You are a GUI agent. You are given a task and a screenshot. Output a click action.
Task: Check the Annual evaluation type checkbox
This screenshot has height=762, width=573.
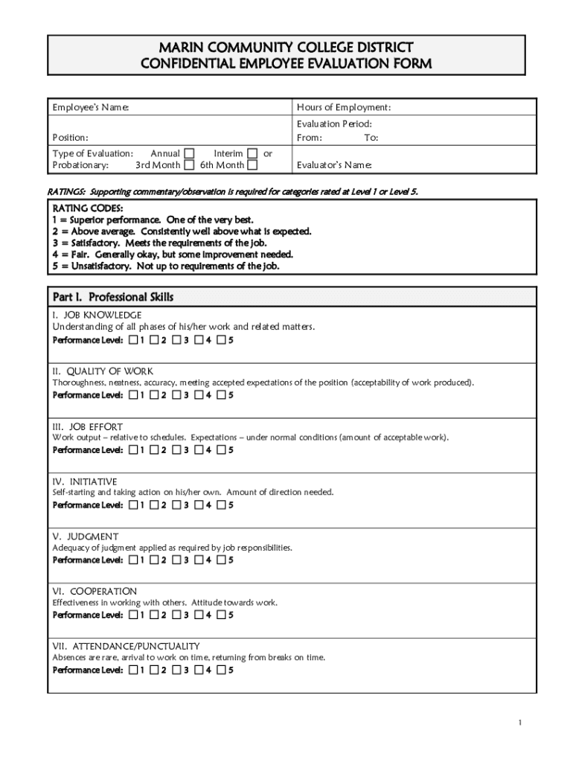coord(190,153)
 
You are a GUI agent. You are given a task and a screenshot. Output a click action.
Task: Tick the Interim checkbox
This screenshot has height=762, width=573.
coord(253,153)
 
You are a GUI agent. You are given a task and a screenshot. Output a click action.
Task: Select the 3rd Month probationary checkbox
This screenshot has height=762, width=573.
coord(190,165)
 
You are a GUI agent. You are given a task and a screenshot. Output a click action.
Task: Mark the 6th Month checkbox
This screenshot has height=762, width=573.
coord(253,165)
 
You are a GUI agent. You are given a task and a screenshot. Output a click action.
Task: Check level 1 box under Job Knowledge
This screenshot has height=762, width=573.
coord(133,341)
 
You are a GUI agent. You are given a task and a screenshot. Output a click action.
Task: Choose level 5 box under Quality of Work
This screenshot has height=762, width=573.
coord(221,395)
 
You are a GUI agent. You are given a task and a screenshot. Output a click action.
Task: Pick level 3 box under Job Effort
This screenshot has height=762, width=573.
coord(177,450)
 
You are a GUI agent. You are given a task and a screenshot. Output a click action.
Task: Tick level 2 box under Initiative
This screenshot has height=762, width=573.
coord(155,505)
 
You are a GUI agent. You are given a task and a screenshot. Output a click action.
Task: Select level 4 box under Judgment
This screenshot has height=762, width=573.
coord(199,560)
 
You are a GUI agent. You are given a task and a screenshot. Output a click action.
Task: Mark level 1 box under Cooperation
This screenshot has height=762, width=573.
coord(133,615)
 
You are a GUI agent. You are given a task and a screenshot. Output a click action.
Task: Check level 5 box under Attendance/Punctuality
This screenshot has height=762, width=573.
coord(221,670)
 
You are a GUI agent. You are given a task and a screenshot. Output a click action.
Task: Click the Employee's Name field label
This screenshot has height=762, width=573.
coord(90,108)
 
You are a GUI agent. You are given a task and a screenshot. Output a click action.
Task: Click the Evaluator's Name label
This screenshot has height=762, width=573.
coord(334,165)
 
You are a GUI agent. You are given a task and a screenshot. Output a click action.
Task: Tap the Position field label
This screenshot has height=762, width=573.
coord(70,138)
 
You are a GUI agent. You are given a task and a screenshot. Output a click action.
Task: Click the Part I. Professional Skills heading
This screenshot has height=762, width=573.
coord(112,297)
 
